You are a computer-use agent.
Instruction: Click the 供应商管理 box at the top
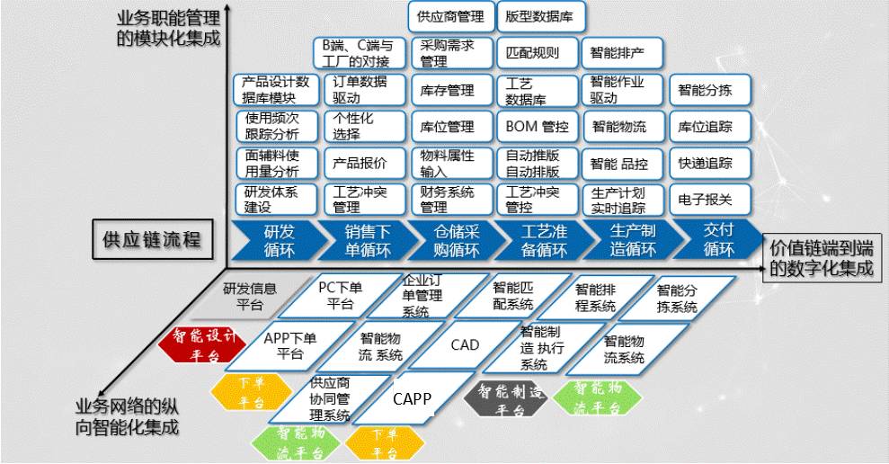pyautogui.click(x=451, y=16)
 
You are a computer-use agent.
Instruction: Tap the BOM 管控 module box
pyautogui.click(x=537, y=127)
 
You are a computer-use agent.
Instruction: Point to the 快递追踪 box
pyautogui.click(x=706, y=164)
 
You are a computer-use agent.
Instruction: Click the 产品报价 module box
pyautogui.click(x=360, y=164)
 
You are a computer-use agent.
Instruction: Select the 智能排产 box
pyautogui.click(x=623, y=52)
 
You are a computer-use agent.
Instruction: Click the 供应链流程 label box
pyautogui.click(x=152, y=240)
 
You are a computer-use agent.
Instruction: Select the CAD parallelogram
pyautogui.click(x=465, y=345)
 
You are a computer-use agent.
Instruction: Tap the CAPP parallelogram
pyautogui.click(x=413, y=397)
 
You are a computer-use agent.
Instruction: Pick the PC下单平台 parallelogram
pyautogui.click(x=340, y=295)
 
